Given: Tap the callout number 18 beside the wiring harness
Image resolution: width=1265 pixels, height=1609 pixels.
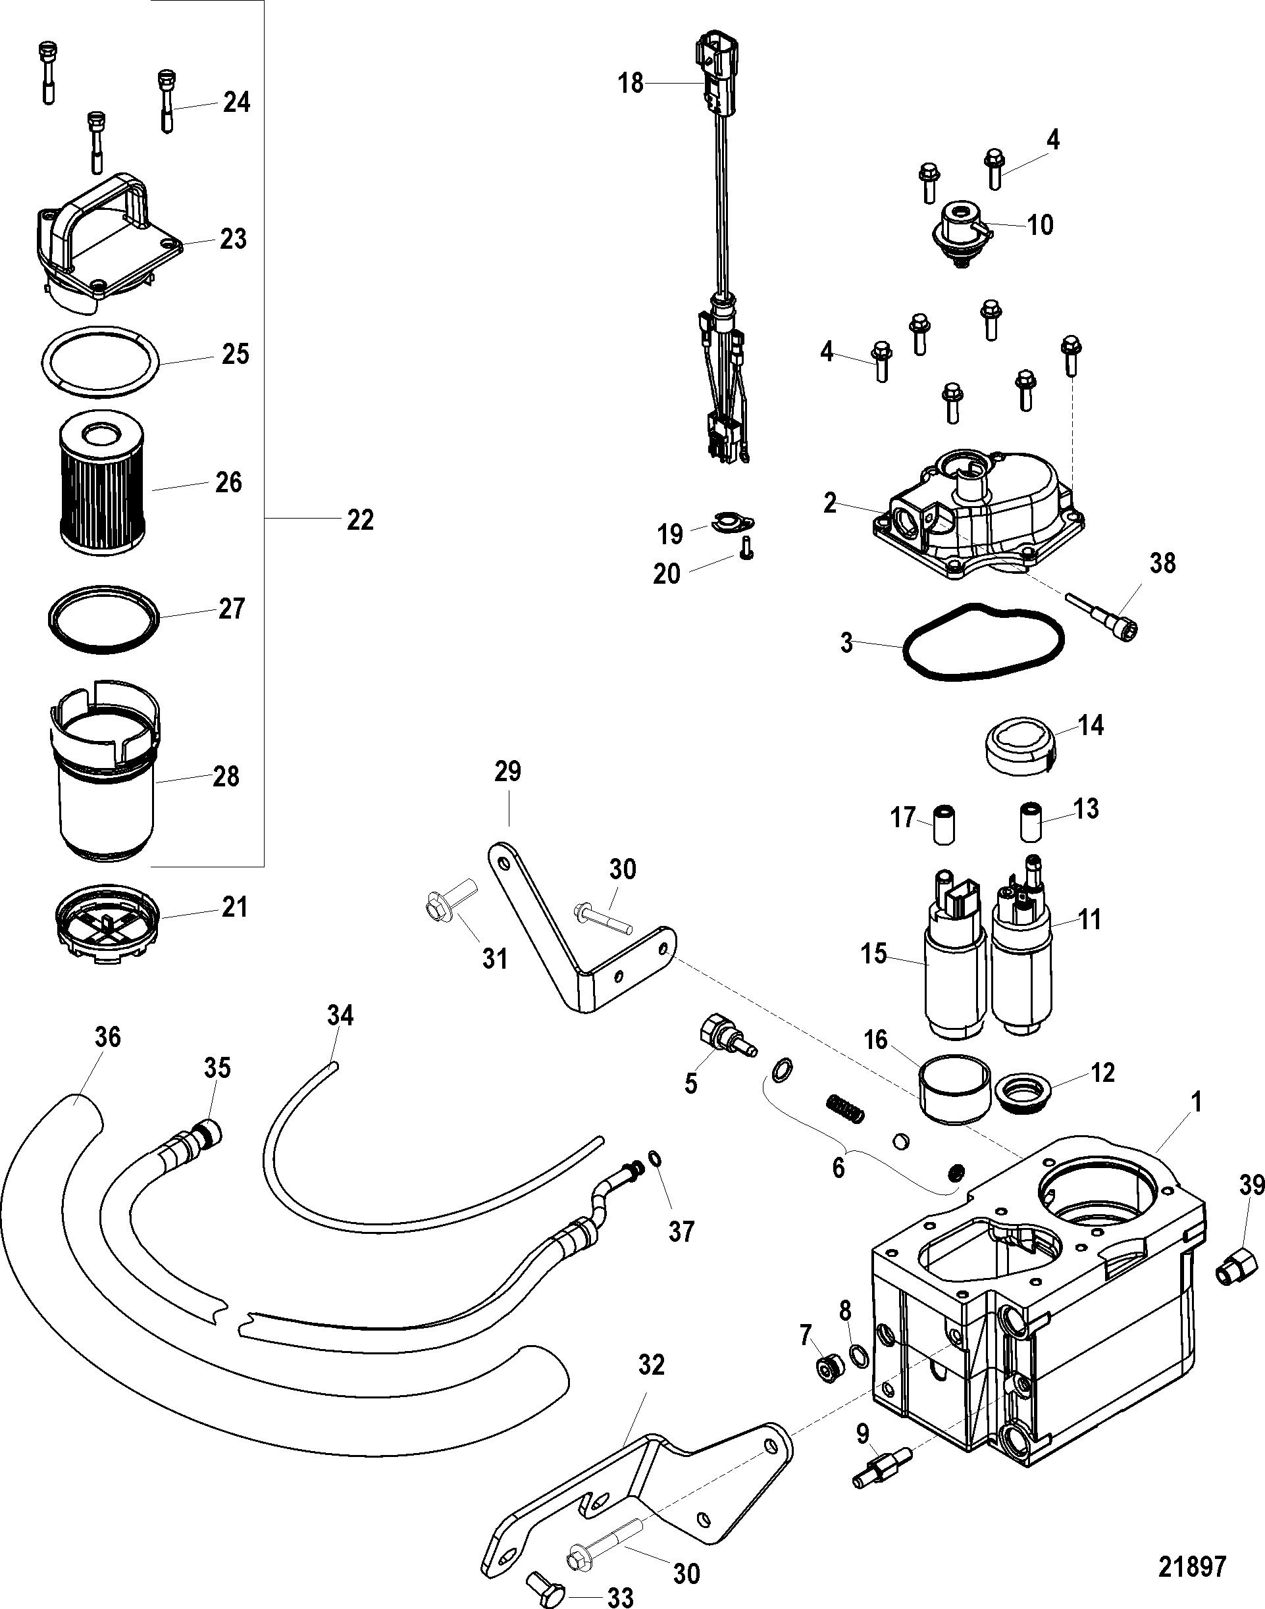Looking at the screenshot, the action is (x=631, y=84).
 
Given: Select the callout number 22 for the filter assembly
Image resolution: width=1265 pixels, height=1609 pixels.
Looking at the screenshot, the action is (x=361, y=521).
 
